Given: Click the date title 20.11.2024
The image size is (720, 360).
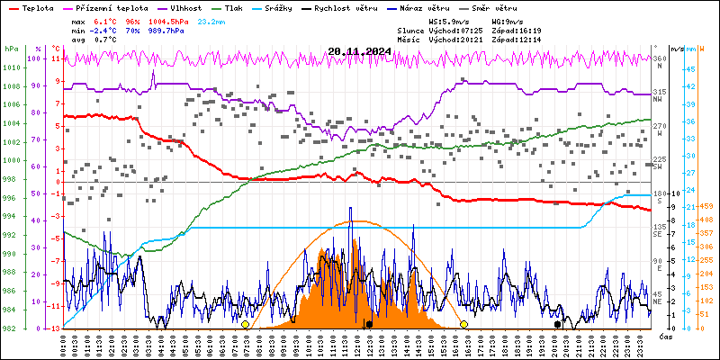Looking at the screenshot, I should (x=359, y=51).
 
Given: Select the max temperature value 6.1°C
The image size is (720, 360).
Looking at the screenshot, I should (x=105, y=20).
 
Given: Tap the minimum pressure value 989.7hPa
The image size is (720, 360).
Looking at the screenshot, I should (x=171, y=30).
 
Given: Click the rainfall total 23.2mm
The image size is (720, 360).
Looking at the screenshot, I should (x=212, y=20).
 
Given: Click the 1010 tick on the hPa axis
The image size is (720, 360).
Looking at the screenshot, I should (x=13, y=67).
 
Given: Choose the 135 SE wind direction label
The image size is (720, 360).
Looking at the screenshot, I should (x=659, y=229).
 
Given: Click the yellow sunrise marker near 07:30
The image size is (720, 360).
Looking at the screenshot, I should (x=245, y=324).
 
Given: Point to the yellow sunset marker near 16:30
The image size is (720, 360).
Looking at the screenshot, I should (x=463, y=324).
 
